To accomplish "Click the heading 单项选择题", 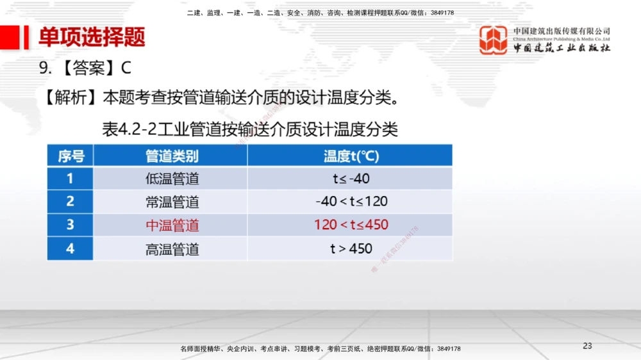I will [x=92, y=38].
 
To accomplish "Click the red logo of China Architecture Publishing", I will [x=493, y=40].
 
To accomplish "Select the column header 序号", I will [x=71, y=156].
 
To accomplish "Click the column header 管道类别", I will [x=172, y=156].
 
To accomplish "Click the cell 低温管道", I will [x=172, y=179].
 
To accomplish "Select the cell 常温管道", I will [x=172, y=202].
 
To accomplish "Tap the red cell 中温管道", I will [x=172, y=225].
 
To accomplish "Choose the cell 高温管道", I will [x=172, y=249].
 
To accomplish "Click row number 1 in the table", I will [x=71, y=179].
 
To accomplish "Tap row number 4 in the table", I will [x=71, y=249].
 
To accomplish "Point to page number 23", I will [x=587, y=346].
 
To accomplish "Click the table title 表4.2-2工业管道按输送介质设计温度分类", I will [x=250, y=130].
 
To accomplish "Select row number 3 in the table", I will [x=71, y=225].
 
